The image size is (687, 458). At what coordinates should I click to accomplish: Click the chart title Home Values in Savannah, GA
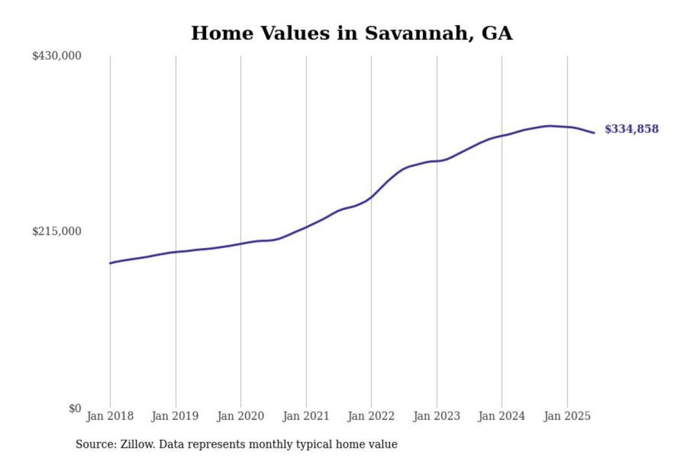point(352,33)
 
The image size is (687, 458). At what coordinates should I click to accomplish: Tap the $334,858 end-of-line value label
point(631,129)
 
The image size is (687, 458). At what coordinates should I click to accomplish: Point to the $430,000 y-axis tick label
point(56,56)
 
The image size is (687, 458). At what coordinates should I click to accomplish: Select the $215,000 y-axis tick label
point(56,231)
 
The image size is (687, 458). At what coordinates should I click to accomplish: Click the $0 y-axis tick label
point(75,408)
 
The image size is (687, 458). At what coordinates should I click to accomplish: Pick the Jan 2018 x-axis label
point(110,416)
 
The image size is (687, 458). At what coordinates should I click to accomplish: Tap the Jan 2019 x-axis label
point(175,416)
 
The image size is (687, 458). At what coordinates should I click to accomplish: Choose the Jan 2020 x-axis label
point(240,416)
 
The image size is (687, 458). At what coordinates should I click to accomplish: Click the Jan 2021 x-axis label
point(306,416)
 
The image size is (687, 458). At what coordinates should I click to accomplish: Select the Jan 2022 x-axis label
point(371,416)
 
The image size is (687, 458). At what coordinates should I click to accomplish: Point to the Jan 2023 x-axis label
point(437,416)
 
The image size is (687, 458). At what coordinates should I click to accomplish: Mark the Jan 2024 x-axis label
point(501,416)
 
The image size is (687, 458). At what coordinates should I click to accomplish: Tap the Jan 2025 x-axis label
point(567,416)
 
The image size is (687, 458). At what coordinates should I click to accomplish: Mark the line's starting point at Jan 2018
point(110,263)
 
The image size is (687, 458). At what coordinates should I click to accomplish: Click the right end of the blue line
point(594,133)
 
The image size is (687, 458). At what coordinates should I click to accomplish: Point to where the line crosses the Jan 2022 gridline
point(371,197)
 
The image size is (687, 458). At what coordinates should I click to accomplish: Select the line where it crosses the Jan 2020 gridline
point(240,244)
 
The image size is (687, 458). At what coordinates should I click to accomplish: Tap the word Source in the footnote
point(95,445)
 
